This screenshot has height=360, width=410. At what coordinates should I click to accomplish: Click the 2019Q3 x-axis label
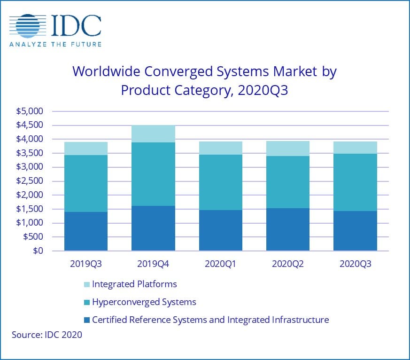click(86, 264)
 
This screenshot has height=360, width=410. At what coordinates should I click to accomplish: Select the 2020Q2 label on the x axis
click(287, 264)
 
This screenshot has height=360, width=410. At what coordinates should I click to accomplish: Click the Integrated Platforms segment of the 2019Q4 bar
click(153, 134)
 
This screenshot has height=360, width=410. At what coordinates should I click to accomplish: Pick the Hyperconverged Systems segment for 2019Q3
click(86, 183)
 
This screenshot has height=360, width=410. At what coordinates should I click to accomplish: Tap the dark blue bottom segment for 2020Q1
click(220, 230)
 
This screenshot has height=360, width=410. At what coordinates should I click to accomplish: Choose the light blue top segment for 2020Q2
click(287, 149)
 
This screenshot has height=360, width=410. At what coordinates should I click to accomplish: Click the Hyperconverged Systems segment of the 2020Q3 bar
click(355, 182)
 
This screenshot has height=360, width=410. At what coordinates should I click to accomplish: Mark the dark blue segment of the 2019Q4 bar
click(153, 228)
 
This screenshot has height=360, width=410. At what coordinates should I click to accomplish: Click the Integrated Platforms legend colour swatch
click(87, 284)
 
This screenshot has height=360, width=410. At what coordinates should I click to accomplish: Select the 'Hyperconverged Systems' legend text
click(144, 302)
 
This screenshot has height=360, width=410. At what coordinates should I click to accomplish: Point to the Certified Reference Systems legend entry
click(210, 320)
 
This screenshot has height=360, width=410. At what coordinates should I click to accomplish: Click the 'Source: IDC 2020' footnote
click(46, 335)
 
